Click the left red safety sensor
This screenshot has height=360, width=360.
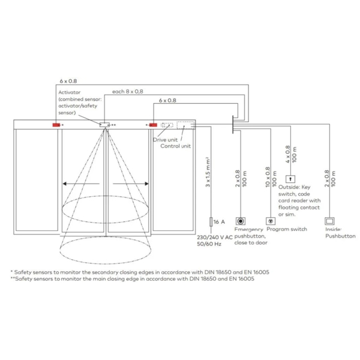click(56, 125)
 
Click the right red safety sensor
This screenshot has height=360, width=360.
click(153, 125)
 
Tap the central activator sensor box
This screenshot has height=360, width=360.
click(104, 125)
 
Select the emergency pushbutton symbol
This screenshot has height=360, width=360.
click(241, 221)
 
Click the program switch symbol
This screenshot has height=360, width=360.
click(271, 221)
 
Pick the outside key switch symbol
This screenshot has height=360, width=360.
click(290, 179)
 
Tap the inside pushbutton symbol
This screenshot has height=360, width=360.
click(329, 221)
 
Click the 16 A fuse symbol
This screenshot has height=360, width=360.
click(211, 222)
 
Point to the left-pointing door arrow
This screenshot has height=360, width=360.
click(81, 184)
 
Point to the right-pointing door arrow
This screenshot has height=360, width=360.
click(130, 184)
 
